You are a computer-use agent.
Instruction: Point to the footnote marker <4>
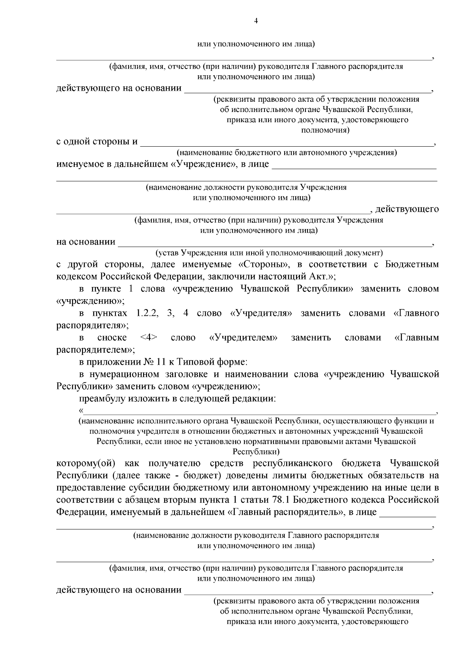(149, 338)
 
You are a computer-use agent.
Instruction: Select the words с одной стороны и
(97, 142)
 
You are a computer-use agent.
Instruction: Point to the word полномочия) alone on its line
(325, 130)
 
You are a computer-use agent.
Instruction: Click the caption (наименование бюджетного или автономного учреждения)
(286, 153)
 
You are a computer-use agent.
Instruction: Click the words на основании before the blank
(86, 242)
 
